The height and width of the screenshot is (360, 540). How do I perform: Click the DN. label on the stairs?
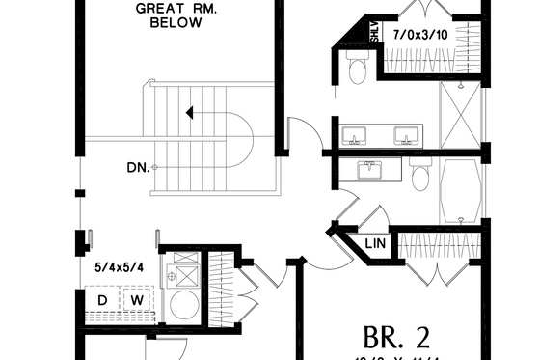click(x=137, y=167)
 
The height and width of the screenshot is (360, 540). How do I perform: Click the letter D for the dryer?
click(x=101, y=301)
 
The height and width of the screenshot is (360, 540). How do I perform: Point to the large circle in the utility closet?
click(x=182, y=307)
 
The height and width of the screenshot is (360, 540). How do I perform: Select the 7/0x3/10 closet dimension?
click(x=419, y=34)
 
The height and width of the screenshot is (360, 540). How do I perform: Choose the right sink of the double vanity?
click(x=405, y=134)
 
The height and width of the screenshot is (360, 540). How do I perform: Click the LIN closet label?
click(x=376, y=244)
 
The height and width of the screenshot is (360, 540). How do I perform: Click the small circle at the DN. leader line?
click(x=154, y=167)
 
